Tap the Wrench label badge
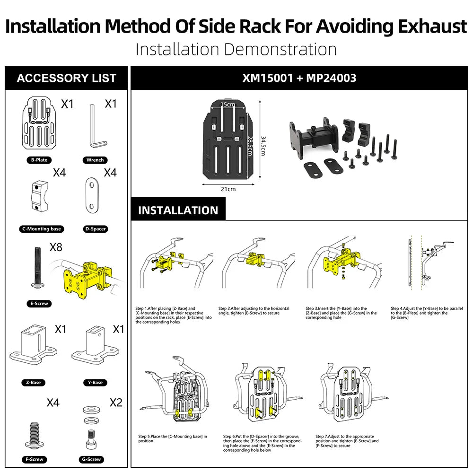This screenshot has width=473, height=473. [95, 160]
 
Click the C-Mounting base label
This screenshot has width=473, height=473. [42, 229]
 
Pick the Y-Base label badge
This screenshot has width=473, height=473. [95, 382]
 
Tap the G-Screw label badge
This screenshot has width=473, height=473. [91, 459]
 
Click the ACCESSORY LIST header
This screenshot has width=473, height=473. [67, 78]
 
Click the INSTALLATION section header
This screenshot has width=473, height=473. [178, 210]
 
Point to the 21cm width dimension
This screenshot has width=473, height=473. [228, 189]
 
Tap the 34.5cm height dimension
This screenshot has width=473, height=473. [263, 142]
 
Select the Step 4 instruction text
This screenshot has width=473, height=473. [426, 313]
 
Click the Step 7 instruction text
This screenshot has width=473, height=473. [348, 441]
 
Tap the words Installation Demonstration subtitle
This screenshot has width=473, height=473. [236, 49]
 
